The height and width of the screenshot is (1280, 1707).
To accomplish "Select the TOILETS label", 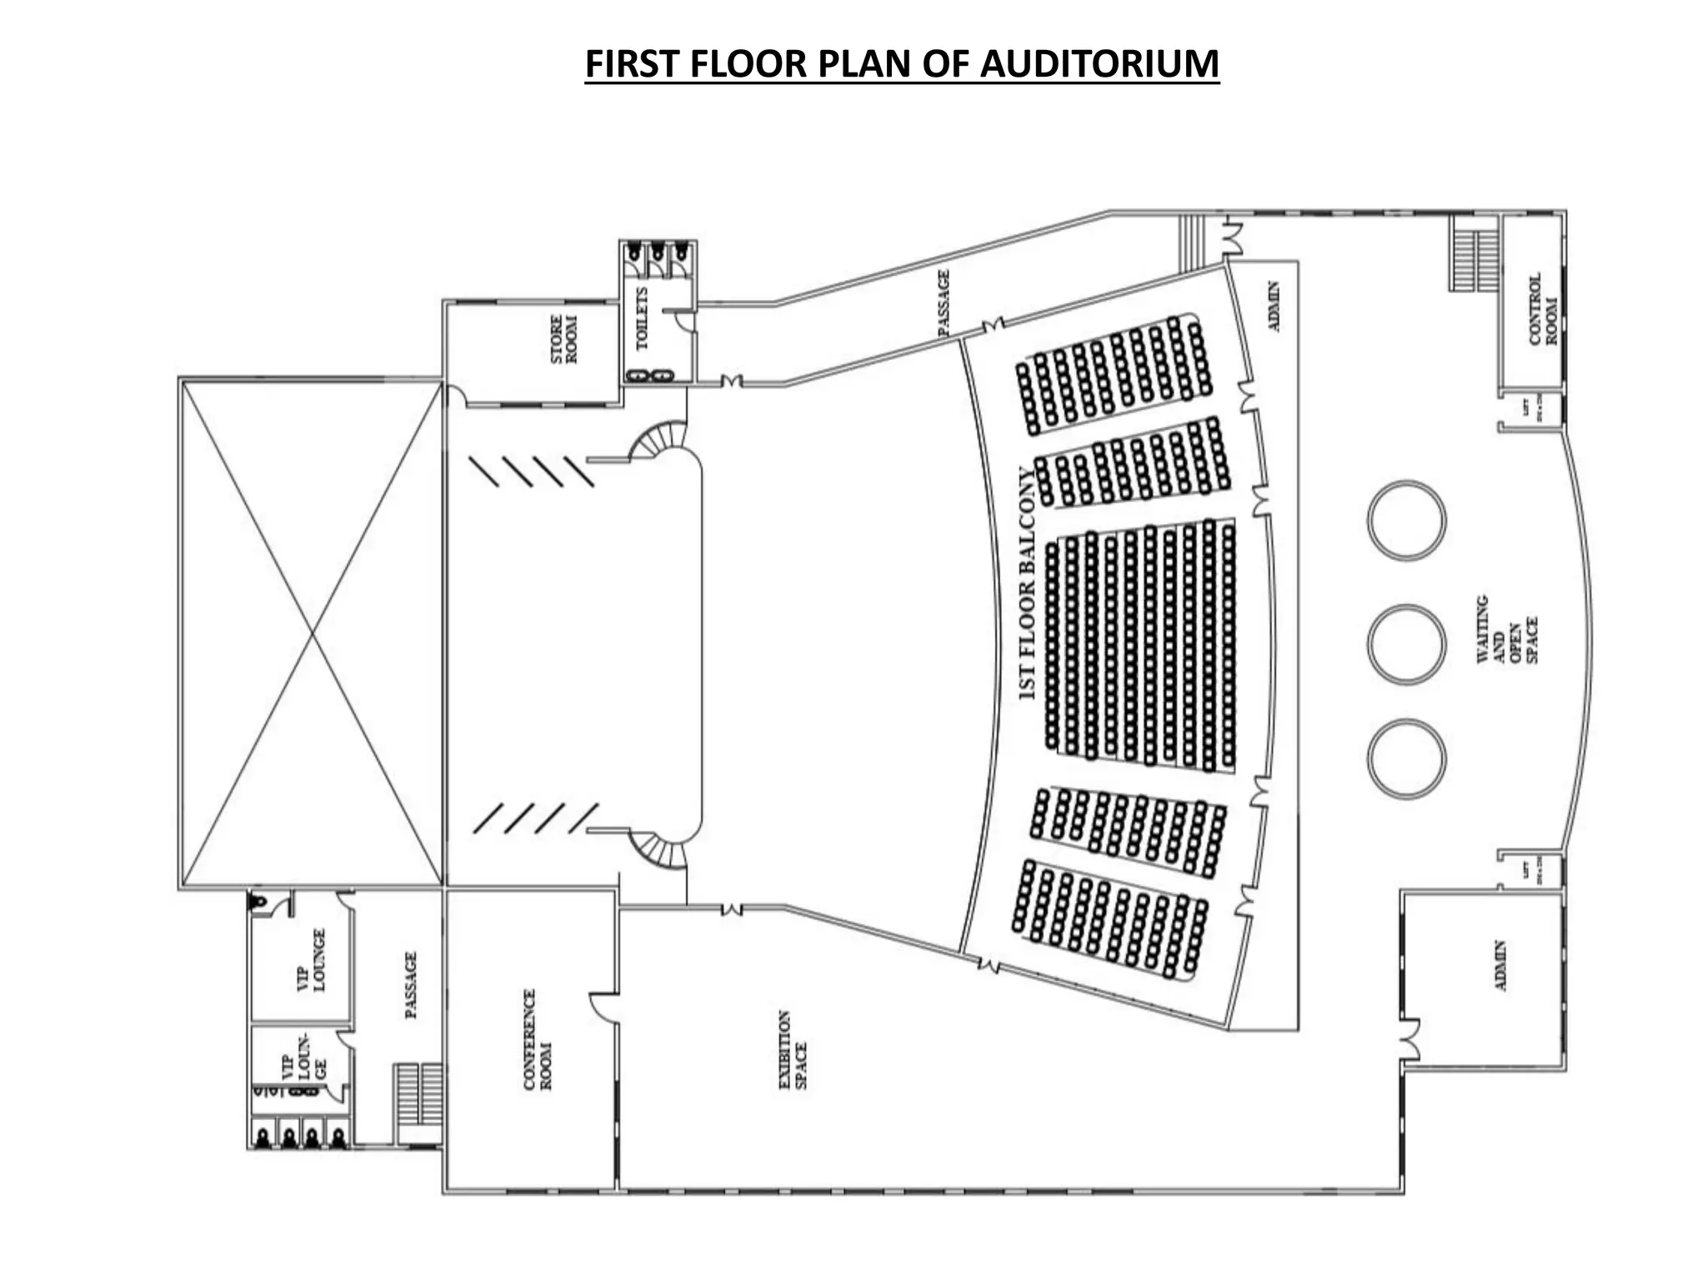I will coord(642,318).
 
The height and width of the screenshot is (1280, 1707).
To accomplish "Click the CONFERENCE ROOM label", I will coord(538,1039).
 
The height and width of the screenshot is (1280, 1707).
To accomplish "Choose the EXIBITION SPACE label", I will coord(792,1049).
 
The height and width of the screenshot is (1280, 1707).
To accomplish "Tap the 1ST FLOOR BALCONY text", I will coord(1028,582).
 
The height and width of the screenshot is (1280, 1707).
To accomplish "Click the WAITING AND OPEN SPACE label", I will coord(1507,628).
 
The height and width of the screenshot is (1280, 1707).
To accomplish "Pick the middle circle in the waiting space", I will coord(1406,644).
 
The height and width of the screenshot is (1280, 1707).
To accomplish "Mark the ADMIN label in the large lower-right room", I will coord(1501,965).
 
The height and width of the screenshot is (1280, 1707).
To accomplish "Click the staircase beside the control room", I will coord(1474,253).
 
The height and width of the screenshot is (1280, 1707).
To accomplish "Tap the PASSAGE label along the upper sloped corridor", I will coord(944,302).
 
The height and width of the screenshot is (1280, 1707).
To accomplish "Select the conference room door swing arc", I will coord(603,1006).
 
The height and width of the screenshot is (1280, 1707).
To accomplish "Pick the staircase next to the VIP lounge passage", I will coord(418,1094).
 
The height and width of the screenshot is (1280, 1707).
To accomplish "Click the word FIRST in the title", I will coord(635,63).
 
